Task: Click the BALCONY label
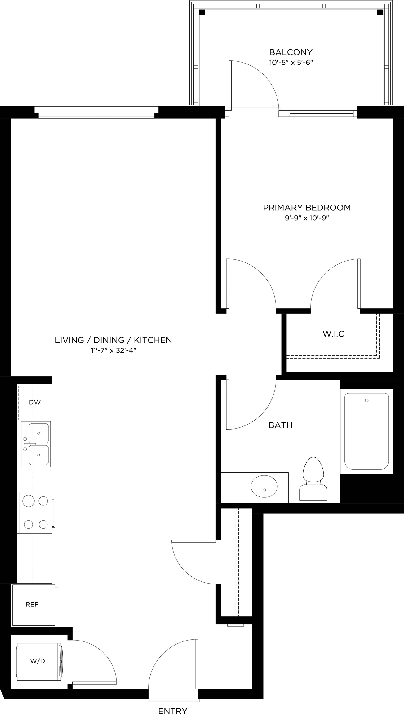[291, 52]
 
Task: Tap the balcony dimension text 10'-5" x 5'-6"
[291, 63]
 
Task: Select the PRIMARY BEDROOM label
[307, 208]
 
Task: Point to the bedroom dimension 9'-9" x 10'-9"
[307, 218]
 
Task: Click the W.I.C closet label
[333, 334]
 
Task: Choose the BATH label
[280, 425]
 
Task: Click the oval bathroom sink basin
[264, 486]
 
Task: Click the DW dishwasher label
[35, 403]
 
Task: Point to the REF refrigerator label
[32, 604]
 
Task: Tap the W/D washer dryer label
[38, 661]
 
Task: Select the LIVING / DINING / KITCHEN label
[113, 340]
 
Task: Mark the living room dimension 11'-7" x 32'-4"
[113, 351]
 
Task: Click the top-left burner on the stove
[28, 501]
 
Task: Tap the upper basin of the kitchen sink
[38, 433]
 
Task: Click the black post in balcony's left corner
[202, 12]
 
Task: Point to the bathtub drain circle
[366, 401]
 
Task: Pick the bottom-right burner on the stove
[43, 524]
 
